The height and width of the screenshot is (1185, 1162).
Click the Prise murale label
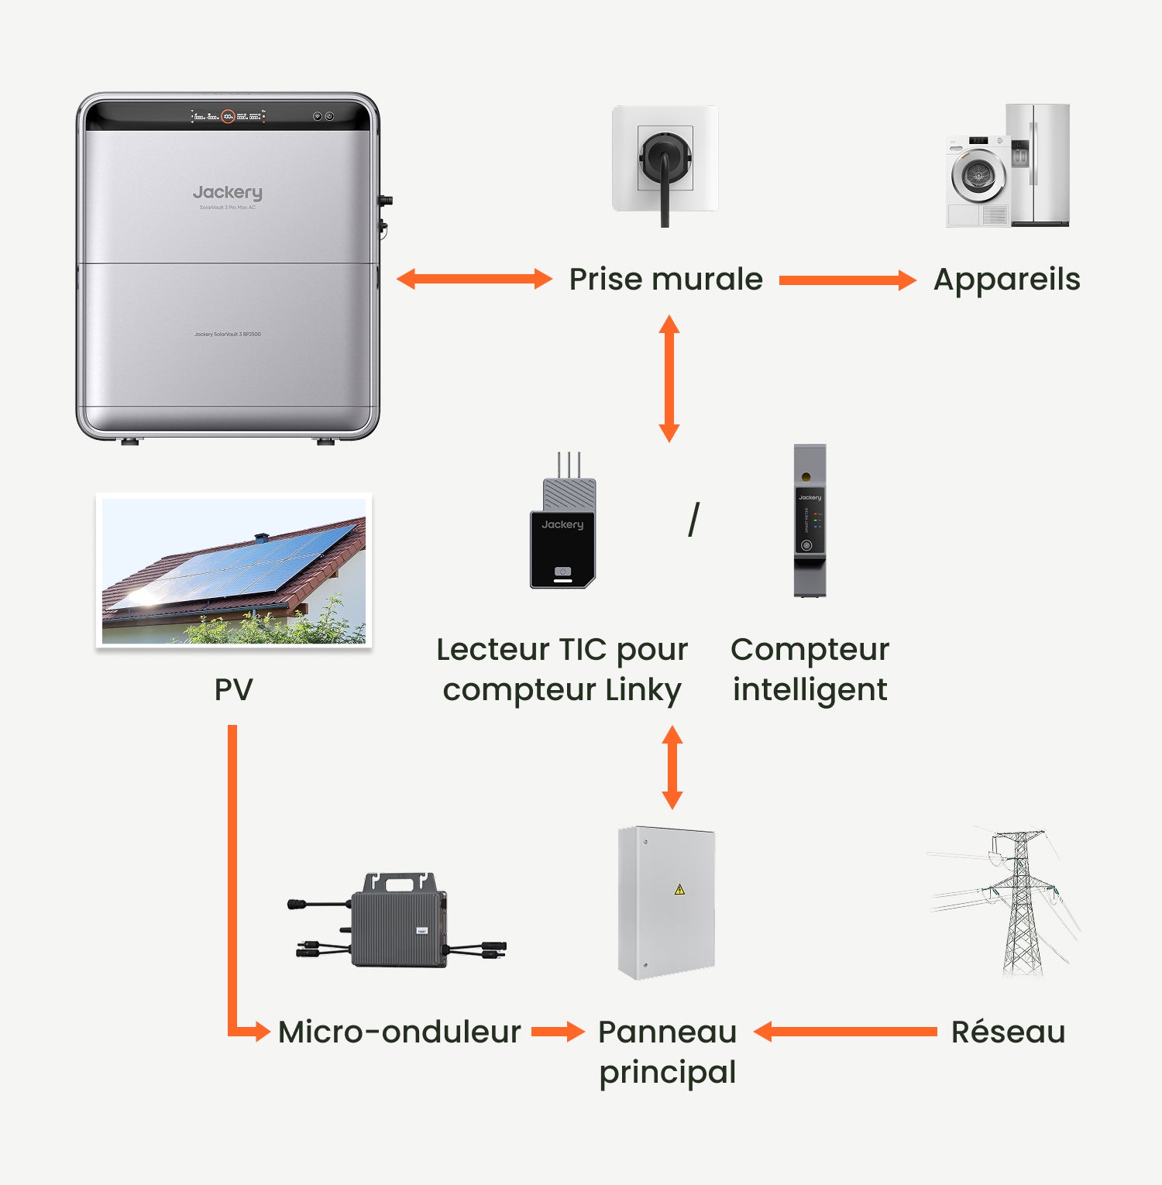(x=665, y=280)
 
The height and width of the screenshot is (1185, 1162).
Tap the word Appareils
(x=1006, y=280)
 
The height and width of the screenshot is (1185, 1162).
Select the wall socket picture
(x=665, y=159)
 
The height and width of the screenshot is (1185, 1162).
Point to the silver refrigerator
(x=1039, y=164)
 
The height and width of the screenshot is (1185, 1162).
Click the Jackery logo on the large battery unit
(x=227, y=192)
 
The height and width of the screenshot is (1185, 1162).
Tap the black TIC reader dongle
(x=563, y=534)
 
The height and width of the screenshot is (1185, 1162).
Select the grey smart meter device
(x=810, y=520)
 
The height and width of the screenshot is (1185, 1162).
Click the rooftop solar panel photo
(x=233, y=570)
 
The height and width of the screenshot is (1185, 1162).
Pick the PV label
(x=233, y=689)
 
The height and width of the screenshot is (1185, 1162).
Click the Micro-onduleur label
(x=399, y=1032)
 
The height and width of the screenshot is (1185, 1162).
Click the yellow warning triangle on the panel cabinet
(x=679, y=889)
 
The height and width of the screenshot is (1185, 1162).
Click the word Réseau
(x=1008, y=1032)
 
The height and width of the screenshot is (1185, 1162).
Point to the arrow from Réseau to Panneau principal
(x=845, y=1032)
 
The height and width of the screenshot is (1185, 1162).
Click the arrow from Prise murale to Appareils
(x=847, y=280)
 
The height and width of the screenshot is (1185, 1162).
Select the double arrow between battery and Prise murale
(x=474, y=280)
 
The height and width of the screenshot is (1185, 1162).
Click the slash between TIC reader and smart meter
(x=693, y=520)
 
